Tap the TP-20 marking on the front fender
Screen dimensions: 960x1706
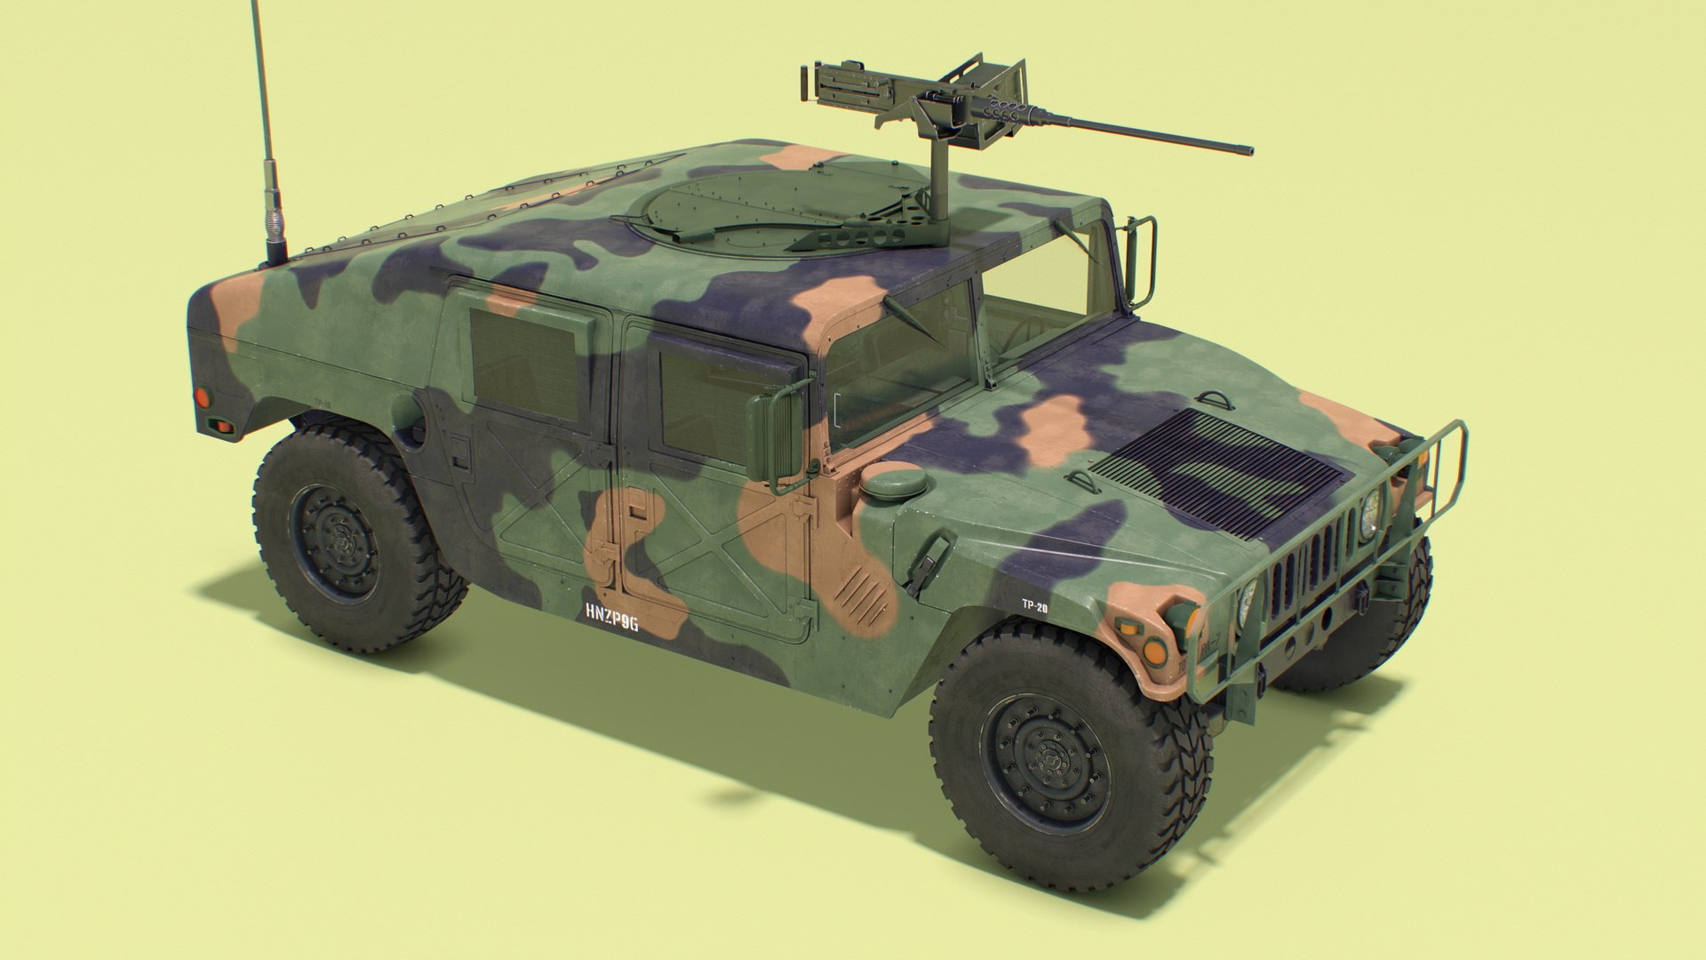[x=1032, y=604]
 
